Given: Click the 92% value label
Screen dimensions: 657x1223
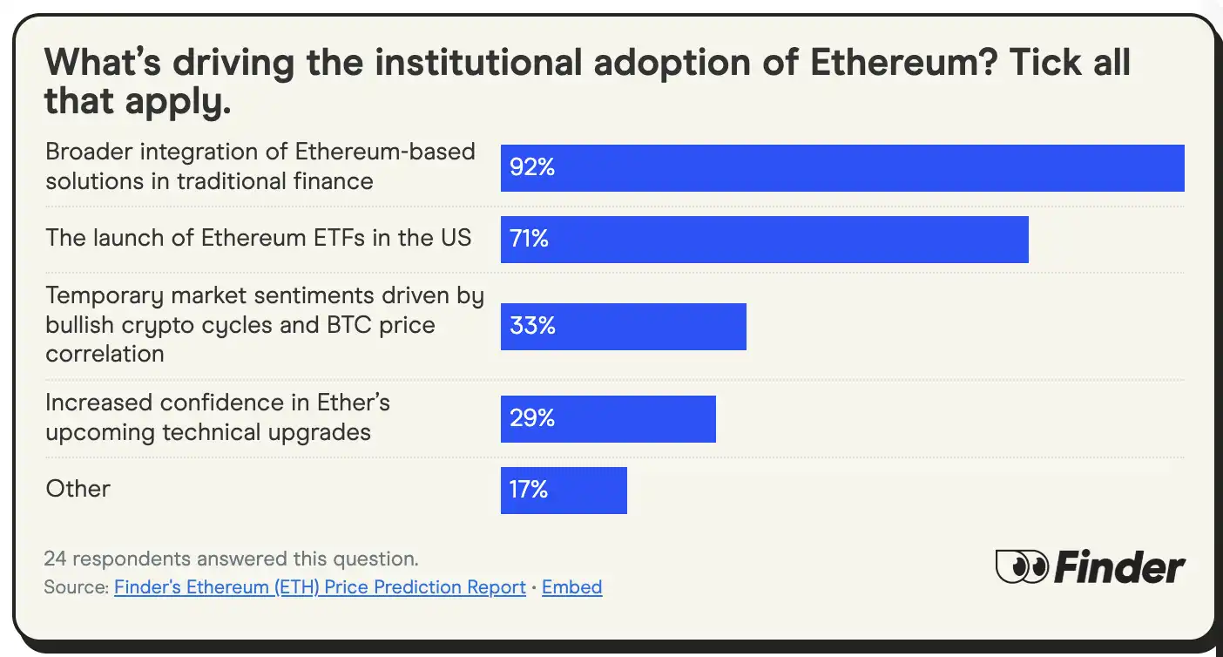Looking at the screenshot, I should pyautogui.click(x=532, y=167).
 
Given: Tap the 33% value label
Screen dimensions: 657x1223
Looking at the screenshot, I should pyautogui.click(x=532, y=326).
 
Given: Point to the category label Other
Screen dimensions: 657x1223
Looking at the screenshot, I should pyautogui.click(x=78, y=489).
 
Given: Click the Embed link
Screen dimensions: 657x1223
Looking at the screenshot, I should pyautogui.click(x=571, y=587).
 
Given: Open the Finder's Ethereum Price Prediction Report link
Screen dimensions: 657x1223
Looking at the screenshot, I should pyautogui.click(x=320, y=587).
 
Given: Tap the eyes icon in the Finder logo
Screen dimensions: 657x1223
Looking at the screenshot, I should pyautogui.click(x=1022, y=567).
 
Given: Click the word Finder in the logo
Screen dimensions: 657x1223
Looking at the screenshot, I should pyautogui.click(x=1119, y=567).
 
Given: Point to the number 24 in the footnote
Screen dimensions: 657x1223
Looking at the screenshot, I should pyautogui.click(x=55, y=558).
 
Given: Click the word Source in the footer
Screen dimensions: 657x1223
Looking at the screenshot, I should pyautogui.click(x=75, y=587).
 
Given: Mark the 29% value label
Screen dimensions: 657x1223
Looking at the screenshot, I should pyautogui.click(x=532, y=418).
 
